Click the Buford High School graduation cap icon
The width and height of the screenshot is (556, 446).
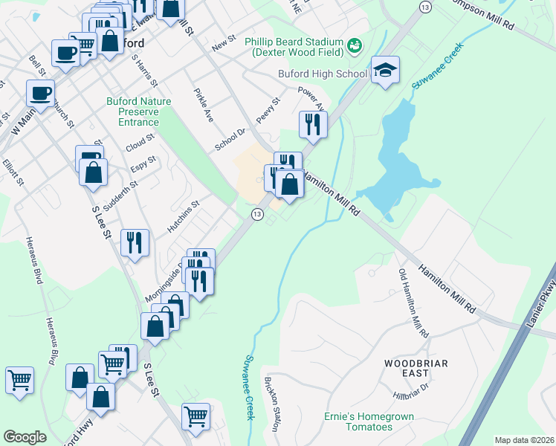coord(385,71)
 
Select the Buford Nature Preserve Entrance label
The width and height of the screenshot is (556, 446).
coord(138,111)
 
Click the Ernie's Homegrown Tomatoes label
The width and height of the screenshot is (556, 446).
coord(369,421)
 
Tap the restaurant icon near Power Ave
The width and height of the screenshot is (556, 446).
coord(313,124)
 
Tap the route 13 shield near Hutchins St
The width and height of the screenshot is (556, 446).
coord(256,214)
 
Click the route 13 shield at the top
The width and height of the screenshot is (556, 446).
coord(424,7)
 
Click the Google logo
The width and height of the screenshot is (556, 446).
coord(25,437)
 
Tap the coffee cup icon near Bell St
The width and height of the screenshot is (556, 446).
coord(40,93)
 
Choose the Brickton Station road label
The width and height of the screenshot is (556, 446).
coord(271,404)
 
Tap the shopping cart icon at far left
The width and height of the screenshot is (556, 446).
coord(19,380)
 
